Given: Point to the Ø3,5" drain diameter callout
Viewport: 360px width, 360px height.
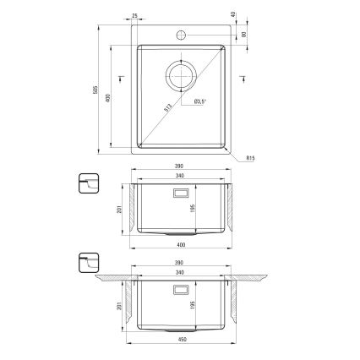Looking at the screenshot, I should click(199, 101).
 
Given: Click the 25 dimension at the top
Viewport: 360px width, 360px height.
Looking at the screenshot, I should click(136, 15).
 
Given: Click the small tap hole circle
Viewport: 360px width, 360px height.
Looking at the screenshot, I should click(181, 35).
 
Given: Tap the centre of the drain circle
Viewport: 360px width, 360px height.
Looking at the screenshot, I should click(181, 76).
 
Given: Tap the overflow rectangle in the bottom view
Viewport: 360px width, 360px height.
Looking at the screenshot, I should click(181, 290).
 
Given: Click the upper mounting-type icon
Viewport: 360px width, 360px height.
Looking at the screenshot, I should click(88, 183).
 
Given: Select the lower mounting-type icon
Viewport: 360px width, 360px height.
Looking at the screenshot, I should click(88, 265).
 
